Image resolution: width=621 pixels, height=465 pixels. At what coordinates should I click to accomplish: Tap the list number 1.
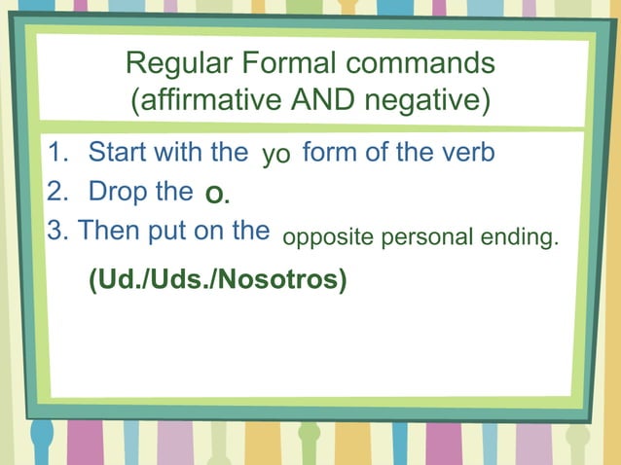point(58,153)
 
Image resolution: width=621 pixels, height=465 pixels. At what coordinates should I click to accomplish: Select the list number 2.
point(58,192)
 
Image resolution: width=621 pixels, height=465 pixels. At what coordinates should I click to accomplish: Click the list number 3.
point(57,232)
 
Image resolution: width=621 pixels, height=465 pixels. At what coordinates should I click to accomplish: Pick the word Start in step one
point(120,153)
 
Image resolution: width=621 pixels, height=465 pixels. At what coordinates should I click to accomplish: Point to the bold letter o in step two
point(215,197)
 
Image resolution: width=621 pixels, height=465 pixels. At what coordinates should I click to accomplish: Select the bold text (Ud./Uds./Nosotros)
point(217,279)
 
